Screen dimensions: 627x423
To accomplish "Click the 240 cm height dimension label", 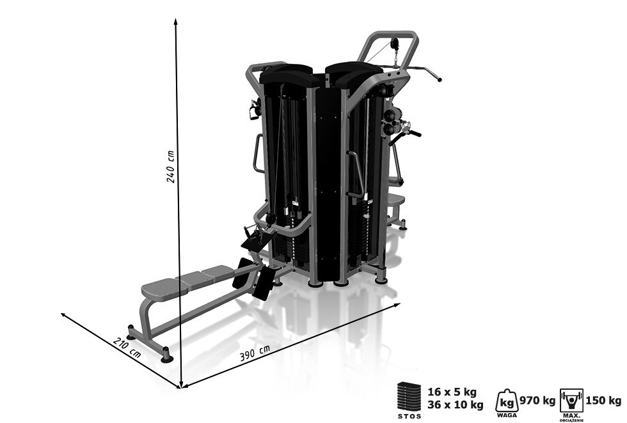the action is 171,167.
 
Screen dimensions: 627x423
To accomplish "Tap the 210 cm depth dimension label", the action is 127,348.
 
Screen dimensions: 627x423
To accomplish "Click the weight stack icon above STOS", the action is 409,395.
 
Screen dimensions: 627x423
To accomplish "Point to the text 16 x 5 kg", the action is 452,392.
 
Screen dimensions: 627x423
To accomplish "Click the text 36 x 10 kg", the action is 456,405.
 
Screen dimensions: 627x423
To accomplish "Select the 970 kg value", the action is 537,400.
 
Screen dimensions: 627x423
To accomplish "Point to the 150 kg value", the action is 603,400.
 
